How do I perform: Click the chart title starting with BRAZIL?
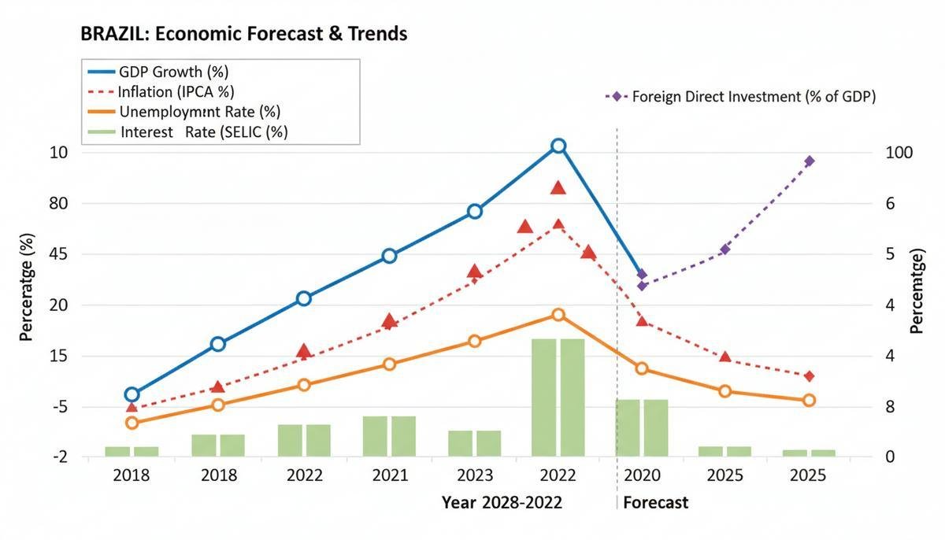pyautogui.click(x=243, y=34)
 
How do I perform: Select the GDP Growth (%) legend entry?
pyautogui.click(x=173, y=72)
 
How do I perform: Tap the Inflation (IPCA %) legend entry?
pyautogui.click(x=176, y=92)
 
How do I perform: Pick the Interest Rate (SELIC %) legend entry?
pyautogui.click(x=204, y=131)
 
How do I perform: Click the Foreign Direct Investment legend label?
pyautogui.click(x=754, y=97)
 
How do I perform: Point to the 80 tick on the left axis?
pyautogui.click(x=38, y=203)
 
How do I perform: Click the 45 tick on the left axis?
pyautogui.click(x=38, y=254)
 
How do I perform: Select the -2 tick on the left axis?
pyautogui.click(x=38, y=457)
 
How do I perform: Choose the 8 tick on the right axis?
pyautogui.click(x=890, y=407)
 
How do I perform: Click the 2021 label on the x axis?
pyautogui.click(x=390, y=475)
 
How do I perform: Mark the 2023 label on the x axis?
pyautogui.click(x=474, y=475)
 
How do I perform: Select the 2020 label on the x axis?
pyautogui.click(x=641, y=475)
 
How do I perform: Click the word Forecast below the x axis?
pyautogui.click(x=655, y=502)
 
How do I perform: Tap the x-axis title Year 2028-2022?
pyautogui.click(x=502, y=502)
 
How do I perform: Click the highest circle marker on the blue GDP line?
pyautogui.click(x=558, y=146)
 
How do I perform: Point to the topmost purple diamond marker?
pyautogui.click(x=809, y=161)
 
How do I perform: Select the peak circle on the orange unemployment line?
pyautogui.click(x=558, y=315)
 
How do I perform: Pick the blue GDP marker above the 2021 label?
pyautogui.click(x=389, y=256)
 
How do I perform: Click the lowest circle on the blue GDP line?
pyautogui.click(x=132, y=394)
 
